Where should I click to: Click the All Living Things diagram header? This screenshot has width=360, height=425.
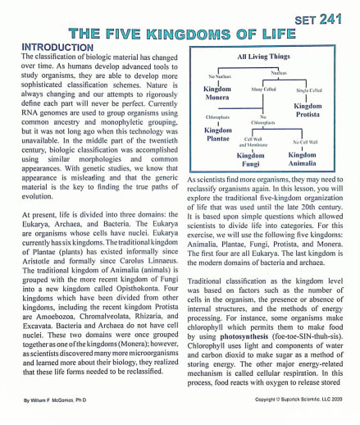click(x=263, y=57)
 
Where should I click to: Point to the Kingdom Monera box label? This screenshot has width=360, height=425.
click(x=217, y=93)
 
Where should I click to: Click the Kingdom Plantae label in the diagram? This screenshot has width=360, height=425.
click(x=218, y=134)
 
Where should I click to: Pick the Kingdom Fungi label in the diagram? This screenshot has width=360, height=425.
click(x=251, y=158)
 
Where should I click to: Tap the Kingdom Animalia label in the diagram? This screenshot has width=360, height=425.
click(x=302, y=158)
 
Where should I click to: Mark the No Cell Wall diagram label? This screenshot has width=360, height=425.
click(x=304, y=142)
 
